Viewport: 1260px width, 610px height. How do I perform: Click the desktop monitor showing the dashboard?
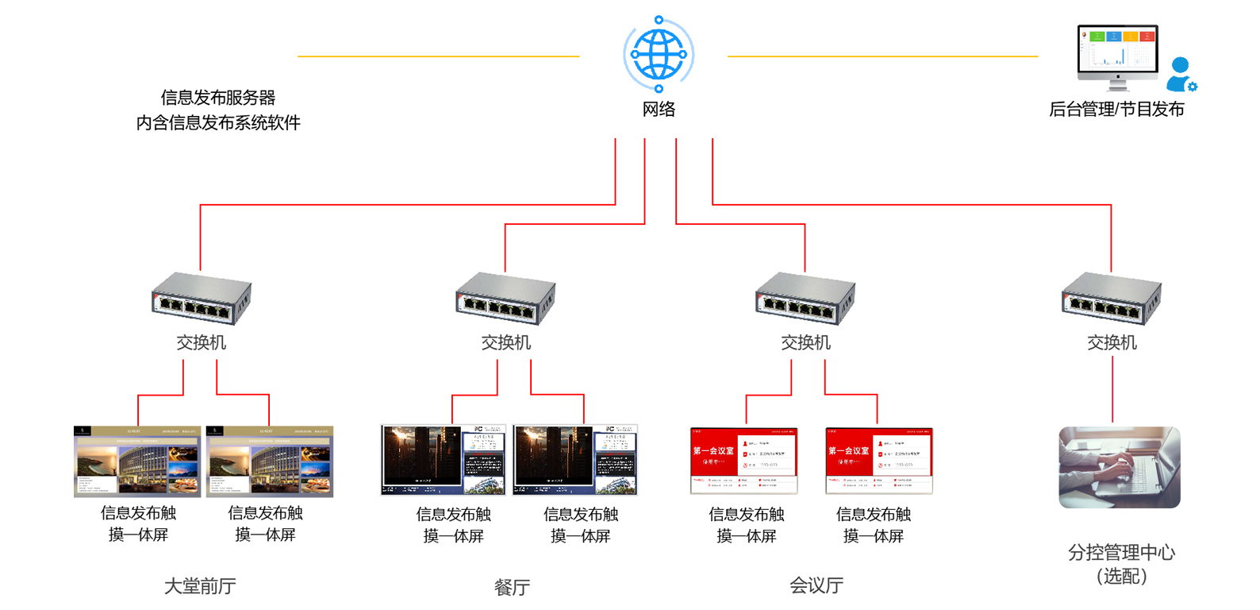pyautogui.click(x=1119, y=52)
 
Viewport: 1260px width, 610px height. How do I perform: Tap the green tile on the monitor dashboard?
pyautogui.click(x=1097, y=37)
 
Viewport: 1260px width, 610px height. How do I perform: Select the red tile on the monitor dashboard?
pyautogui.click(x=1147, y=37)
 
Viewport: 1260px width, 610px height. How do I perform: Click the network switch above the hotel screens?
pyautogui.click(x=202, y=298)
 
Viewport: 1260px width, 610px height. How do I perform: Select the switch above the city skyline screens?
pyautogui.click(x=505, y=298)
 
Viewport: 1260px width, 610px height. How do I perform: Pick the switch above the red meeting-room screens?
pyautogui.click(x=805, y=298)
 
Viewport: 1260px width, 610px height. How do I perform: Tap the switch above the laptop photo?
pyautogui.click(x=1111, y=298)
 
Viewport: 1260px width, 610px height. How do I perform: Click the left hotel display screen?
pyautogui.click(x=136, y=461)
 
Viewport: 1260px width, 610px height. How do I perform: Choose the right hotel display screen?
pyautogui.click(x=270, y=461)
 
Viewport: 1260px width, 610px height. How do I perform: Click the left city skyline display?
pyautogui.click(x=443, y=459)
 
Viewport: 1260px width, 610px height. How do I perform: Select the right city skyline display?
pyautogui.click(x=576, y=459)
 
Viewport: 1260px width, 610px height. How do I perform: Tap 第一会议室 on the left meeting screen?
pyautogui.click(x=713, y=450)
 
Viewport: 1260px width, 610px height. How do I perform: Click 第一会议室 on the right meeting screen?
pyautogui.click(x=848, y=450)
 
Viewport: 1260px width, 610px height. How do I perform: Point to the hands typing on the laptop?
pyautogui.click(x=1103, y=465)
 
